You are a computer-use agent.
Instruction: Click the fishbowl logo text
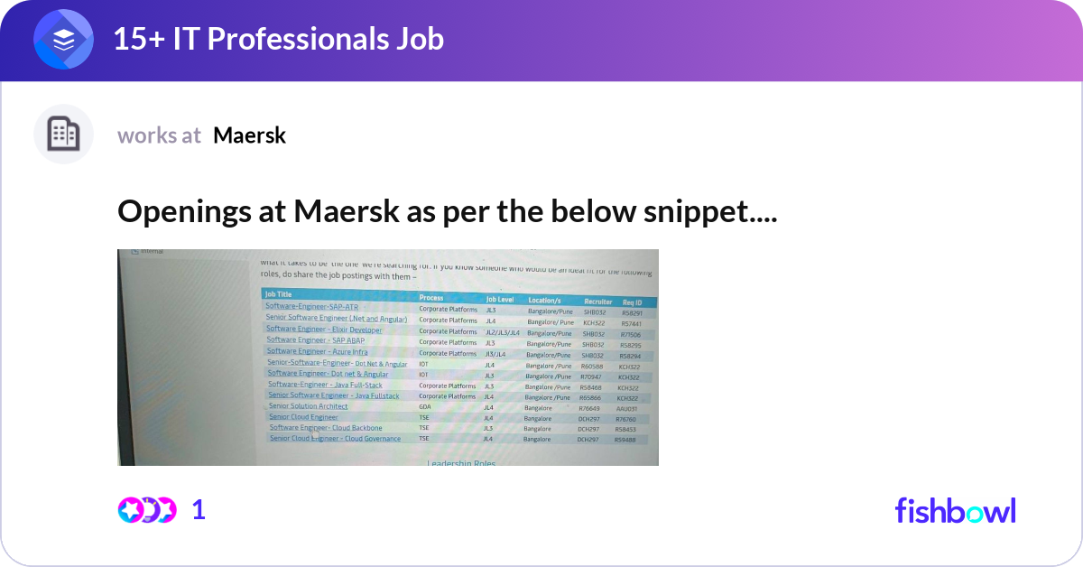[x=955, y=510]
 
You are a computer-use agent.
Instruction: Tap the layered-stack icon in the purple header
[x=63, y=40]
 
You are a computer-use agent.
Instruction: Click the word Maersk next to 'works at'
[x=249, y=135]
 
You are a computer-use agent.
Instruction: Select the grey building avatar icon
[x=63, y=135]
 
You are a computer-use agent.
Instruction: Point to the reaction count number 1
[x=199, y=510]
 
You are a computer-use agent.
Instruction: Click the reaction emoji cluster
[x=146, y=510]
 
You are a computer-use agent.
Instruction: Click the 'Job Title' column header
[x=278, y=294]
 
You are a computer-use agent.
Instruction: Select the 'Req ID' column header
[x=632, y=302]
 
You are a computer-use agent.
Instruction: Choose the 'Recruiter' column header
[x=597, y=301]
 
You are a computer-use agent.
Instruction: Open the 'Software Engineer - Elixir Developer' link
[x=324, y=330]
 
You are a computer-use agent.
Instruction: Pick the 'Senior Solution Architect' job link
[x=308, y=406]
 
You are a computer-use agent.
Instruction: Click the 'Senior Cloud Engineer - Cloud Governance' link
[x=335, y=439]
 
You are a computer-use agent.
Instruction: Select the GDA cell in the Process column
[x=424, y=407]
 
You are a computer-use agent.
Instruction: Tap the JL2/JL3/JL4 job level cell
[x=503, y=332]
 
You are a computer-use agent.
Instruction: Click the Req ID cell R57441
[x=632, y=322]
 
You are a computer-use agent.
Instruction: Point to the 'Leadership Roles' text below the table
[x=461, y=463]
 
